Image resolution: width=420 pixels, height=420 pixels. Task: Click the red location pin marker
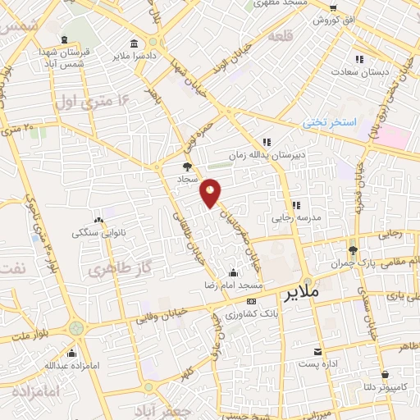(x=212, y=193)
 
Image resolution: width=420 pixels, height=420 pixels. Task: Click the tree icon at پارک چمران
(x=353, y=250)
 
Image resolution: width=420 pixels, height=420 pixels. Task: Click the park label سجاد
(x=188, y=177)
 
